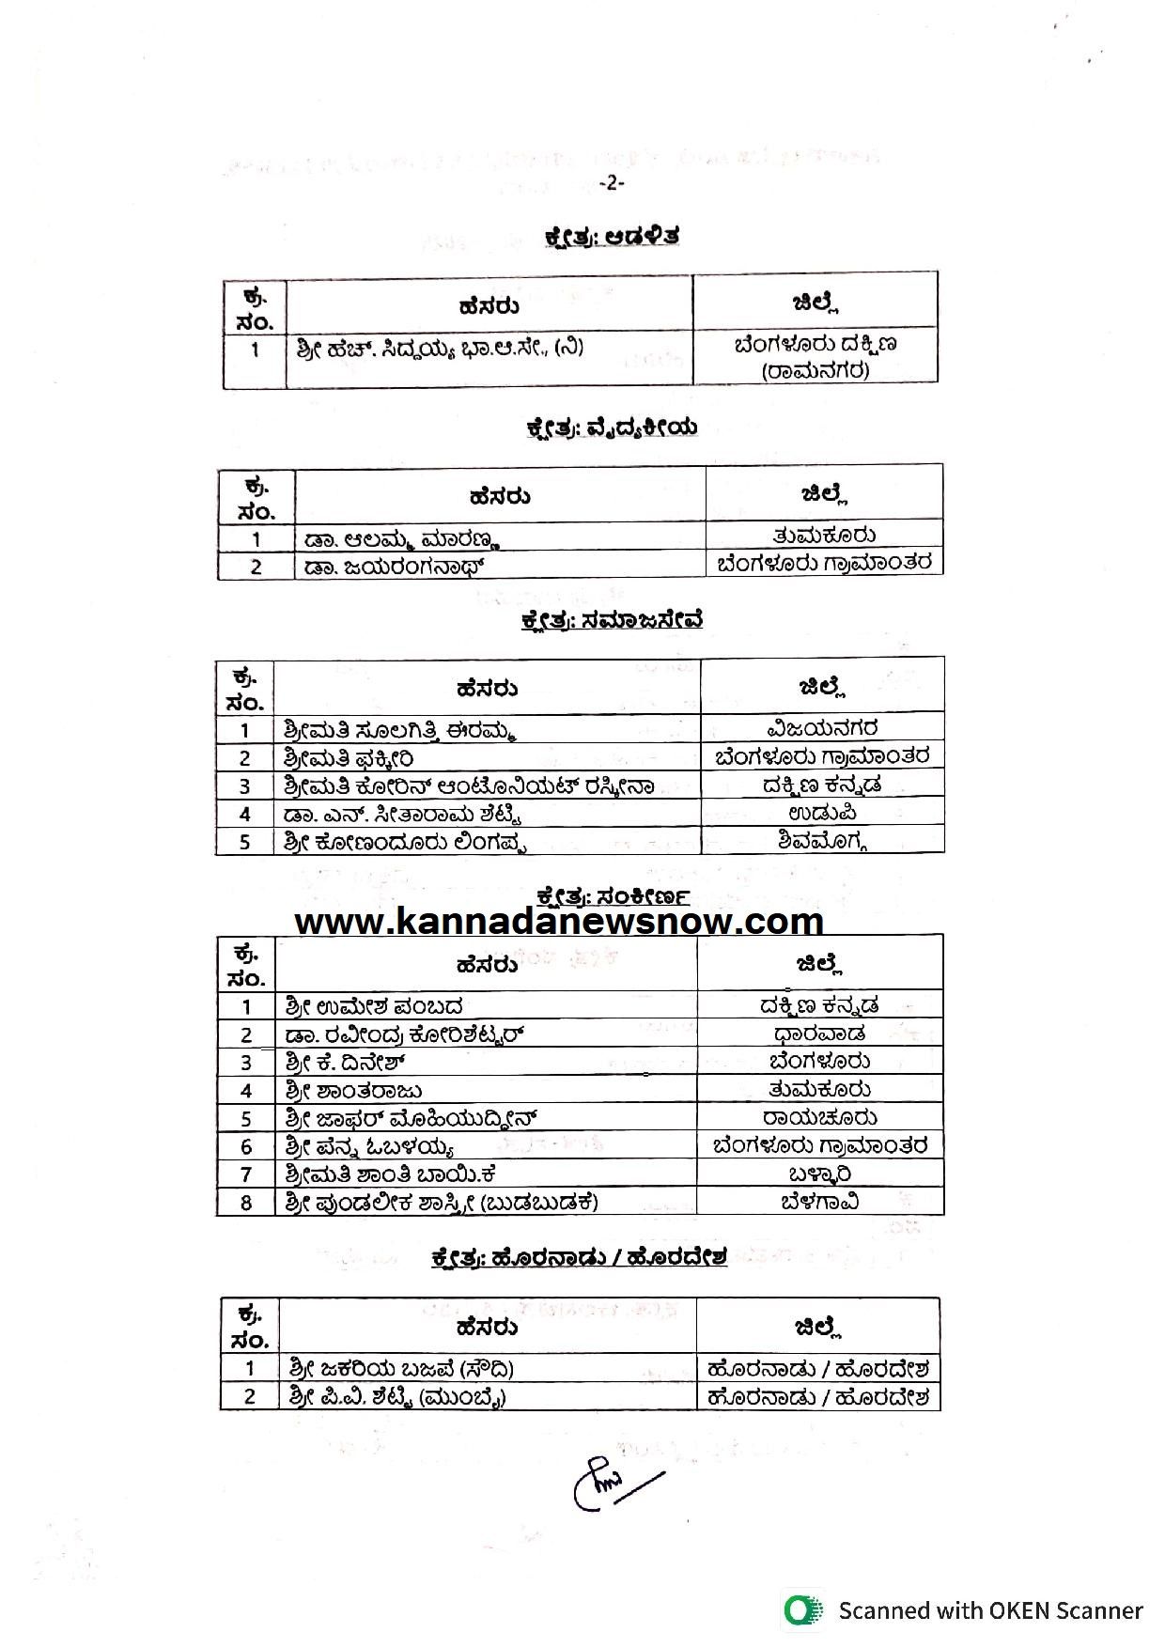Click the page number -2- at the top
[611, 183]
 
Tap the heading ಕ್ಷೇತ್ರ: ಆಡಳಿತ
[611, 236]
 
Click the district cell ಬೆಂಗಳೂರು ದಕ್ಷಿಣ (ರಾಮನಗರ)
[815, 356]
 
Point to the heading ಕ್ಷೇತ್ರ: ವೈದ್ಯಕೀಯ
[611, 428]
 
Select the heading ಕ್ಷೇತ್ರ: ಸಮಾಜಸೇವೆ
[612, 620]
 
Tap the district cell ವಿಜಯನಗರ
[822, 728]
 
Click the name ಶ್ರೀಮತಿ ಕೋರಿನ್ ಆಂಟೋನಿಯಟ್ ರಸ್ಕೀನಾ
[469, 785]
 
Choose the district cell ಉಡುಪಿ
[822, 813]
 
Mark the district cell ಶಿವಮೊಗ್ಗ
[822, 841]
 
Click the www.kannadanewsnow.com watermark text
[559, 921]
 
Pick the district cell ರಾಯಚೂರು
[820, 1117]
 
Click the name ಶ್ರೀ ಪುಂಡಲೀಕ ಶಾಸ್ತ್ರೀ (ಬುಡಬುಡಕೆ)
[442, 1202]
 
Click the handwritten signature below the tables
[611, 1483]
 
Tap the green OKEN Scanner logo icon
[801, 1610]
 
